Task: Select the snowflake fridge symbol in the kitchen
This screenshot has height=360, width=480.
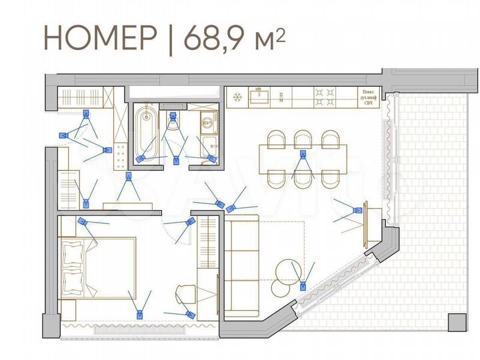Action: pyautogui.click(x=235, y=98)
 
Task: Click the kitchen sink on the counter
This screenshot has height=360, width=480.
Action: pyautogui.click(x=259, y=98)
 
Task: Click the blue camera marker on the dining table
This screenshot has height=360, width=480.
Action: pyautogui.click(x=303, y=155)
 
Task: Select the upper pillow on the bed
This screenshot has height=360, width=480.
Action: pyautogui.click(x=72, y=253)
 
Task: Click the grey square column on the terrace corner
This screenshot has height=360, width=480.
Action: pyautogui.click(x=457, y=321)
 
